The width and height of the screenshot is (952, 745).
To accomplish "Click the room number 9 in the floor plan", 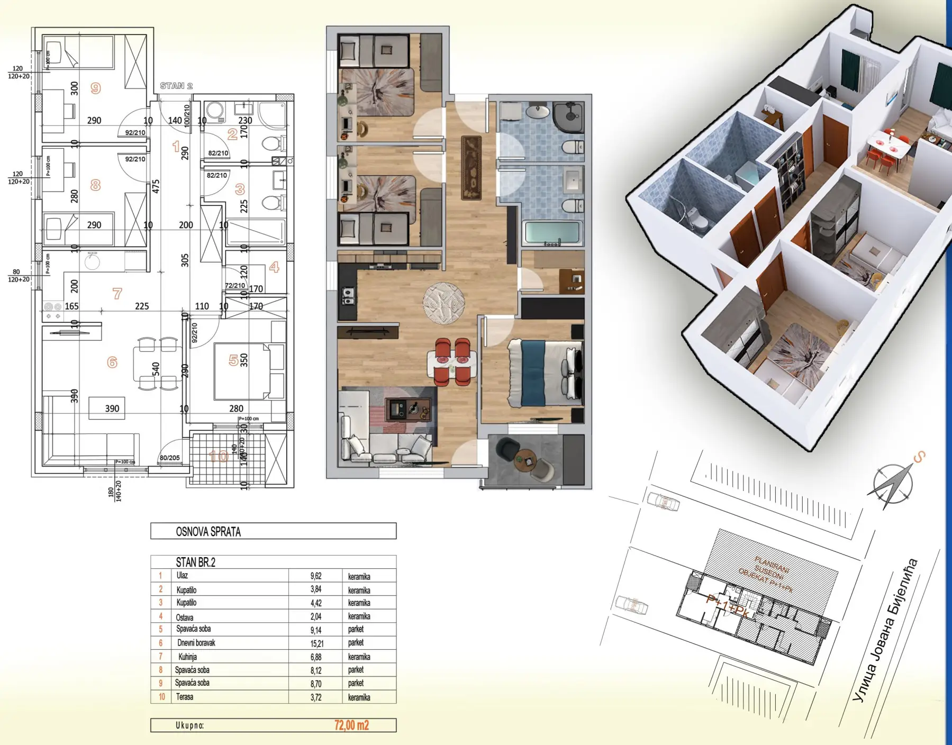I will [x=95, y=88].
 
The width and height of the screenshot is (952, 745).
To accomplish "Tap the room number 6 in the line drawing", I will [x=112, y=362].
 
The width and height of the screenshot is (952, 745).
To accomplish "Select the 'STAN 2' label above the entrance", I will [x=176, y=86].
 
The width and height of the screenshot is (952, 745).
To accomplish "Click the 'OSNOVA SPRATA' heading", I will [x=208, y=532].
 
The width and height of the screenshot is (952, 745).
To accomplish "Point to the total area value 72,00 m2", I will [x=351, y=725].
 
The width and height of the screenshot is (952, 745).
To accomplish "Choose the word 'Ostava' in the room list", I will [x=185, y=617].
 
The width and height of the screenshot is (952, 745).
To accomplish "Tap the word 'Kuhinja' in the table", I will [x=187, y=657].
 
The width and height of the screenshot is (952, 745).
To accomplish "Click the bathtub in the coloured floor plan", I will [x=552, y=233].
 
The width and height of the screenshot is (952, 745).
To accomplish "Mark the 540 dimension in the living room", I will [x=156, y=368].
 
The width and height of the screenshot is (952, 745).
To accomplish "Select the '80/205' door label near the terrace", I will [x=169, y=459].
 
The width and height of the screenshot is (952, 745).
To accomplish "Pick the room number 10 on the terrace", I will [x=219, y=456].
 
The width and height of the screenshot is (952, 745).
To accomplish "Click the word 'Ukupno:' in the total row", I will [x=189, y=725].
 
